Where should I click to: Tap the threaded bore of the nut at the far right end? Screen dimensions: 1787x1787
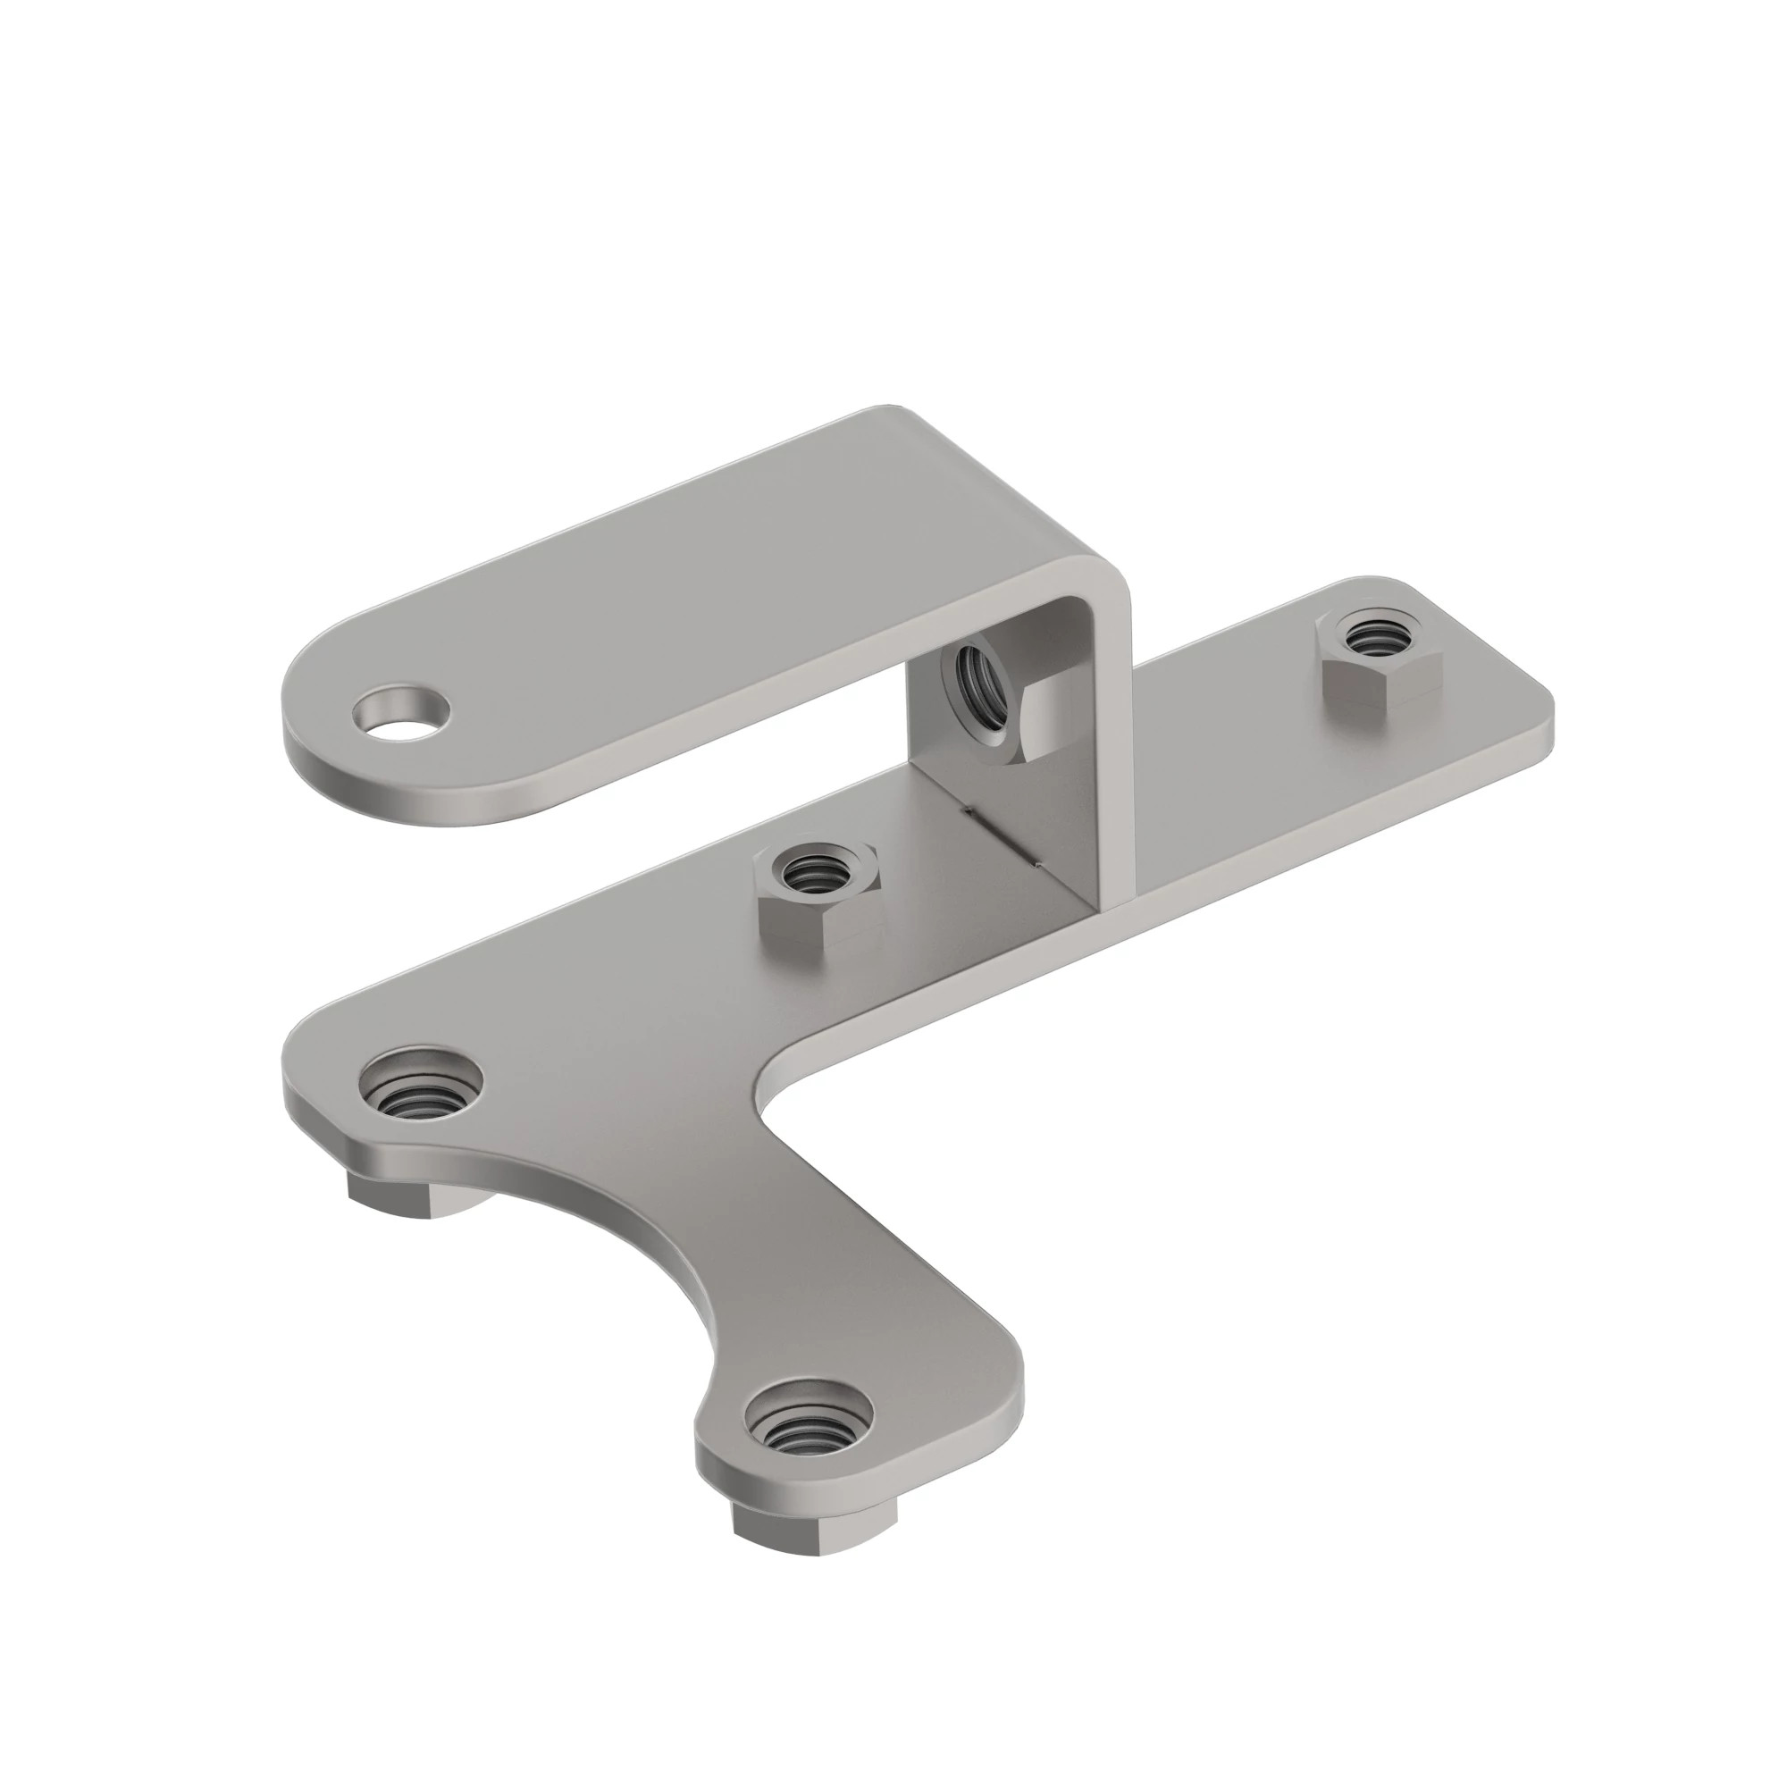(1376, 637)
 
